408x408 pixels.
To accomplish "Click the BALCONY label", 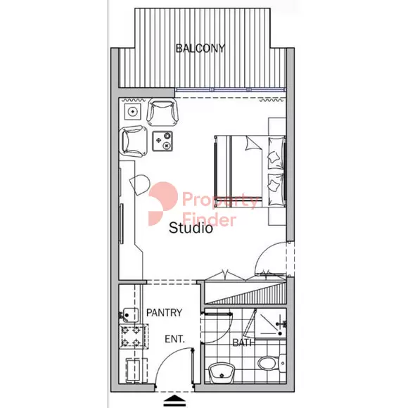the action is click(200, 49).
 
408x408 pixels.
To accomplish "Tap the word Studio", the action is click(191, 228).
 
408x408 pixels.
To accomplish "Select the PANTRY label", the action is click(164, 312).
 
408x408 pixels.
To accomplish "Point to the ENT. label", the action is click(175, 339).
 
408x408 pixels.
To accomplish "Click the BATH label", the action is click(243, 343).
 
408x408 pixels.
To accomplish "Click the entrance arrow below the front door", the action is click(174, 401).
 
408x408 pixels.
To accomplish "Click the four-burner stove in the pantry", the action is click(134, 336).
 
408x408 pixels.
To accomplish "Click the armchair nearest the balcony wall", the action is click(162, 112).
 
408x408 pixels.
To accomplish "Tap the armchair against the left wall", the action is click(133, 141).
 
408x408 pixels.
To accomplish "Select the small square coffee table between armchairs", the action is click(162, 141).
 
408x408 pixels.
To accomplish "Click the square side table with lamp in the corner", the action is click(133, 112).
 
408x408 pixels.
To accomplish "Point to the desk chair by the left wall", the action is click(139, 185).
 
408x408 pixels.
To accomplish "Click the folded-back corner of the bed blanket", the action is click(253, 144).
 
